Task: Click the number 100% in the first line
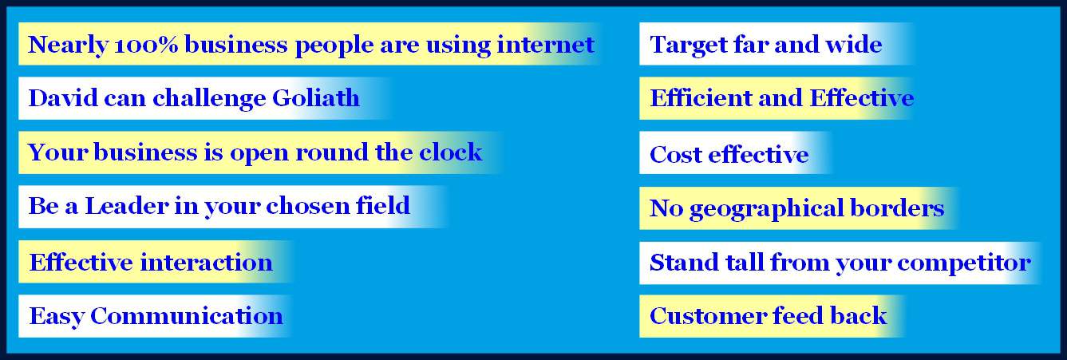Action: point(146,45)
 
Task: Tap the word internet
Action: point(545,45)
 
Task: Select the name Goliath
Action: point(316,97)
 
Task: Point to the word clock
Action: point(451,152)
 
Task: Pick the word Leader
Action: point(127,206)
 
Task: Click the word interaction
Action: point(206,263)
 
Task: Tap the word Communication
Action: point(186,316)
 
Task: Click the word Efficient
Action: point(700,98)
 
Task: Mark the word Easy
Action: point(56,317)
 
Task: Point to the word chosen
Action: point(308,206)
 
